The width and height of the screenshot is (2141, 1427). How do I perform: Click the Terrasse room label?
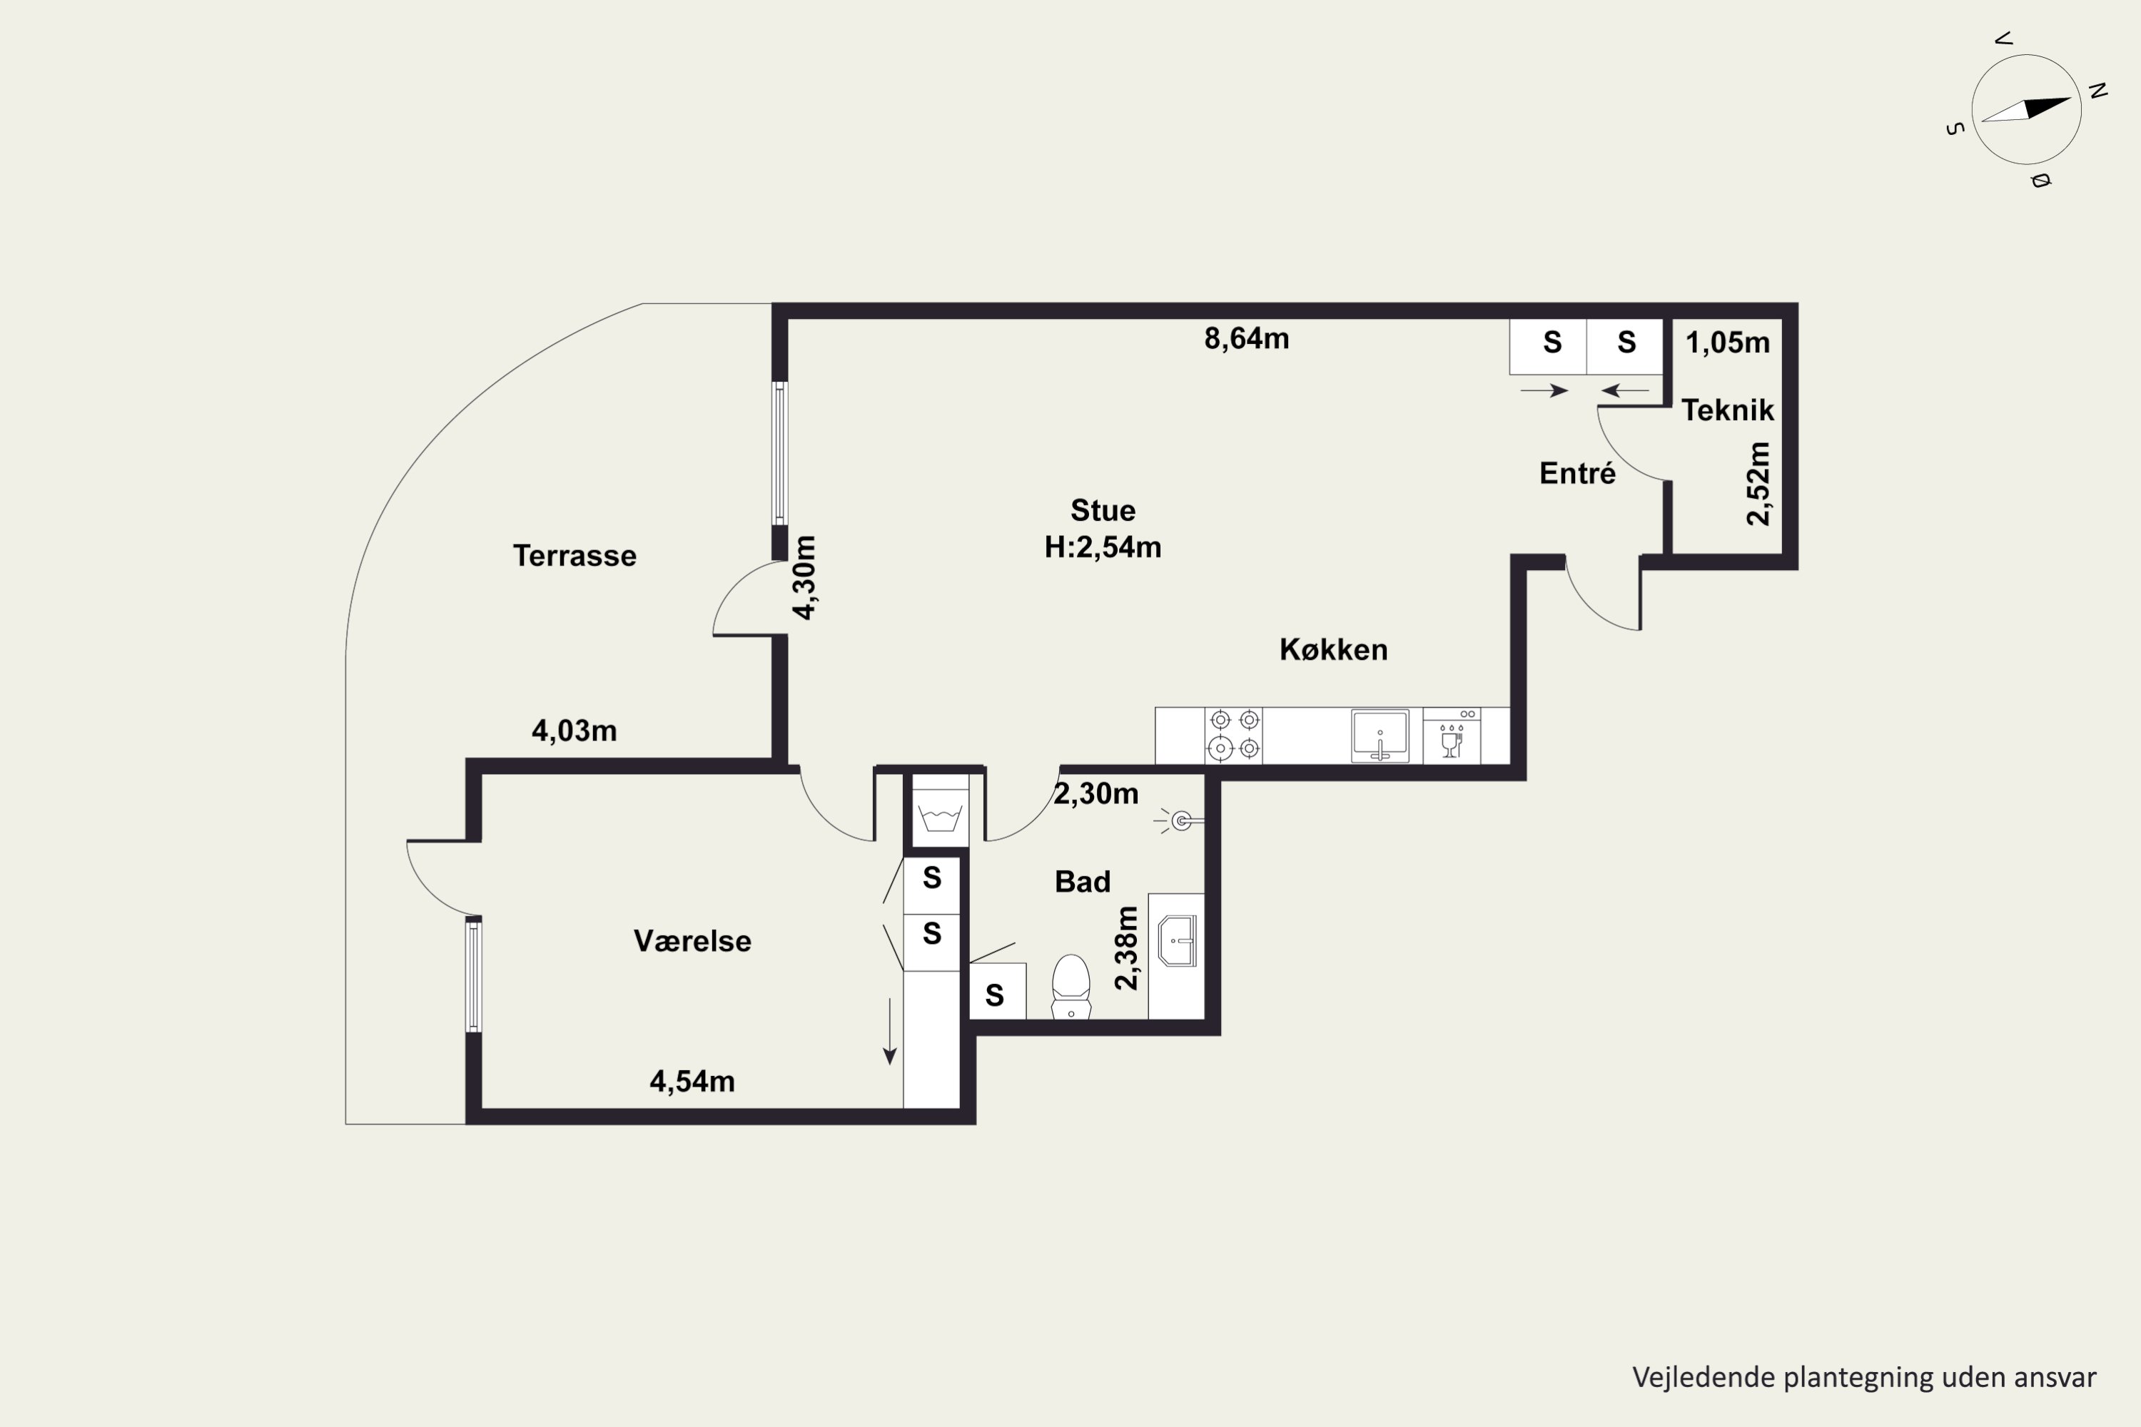(x=575, y=555)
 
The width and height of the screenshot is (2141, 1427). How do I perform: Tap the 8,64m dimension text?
(x=1246, y=338)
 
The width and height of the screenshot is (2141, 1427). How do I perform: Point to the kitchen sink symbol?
(x=1380, y=736)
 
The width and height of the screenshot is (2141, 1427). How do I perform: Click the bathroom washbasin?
(x=1177, y=941)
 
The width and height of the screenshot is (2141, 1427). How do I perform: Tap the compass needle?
(x=2025, y=109)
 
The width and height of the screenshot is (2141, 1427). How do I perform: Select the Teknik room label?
(x=1727, y=410)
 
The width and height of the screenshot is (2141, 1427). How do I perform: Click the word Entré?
(x=1577, y=473)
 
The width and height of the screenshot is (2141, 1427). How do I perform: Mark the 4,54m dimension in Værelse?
(x=692, y=1081)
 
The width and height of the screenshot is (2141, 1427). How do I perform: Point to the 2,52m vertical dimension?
(x=1758, y=483)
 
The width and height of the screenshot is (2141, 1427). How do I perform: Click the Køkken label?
(x=1334, y=650)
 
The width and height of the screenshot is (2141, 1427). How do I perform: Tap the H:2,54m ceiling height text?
(x=1103, y=547)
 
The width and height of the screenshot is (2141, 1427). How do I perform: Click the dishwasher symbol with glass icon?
(x=1452, y=736)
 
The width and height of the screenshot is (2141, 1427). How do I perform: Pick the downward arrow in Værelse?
(x=889, y=1031)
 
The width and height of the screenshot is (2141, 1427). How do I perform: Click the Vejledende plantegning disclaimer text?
(x=1864, y=1377)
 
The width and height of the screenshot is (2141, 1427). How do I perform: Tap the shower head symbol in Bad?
(x=1180, y=822)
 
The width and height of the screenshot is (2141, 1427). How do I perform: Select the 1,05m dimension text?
(x=1728, y=342)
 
